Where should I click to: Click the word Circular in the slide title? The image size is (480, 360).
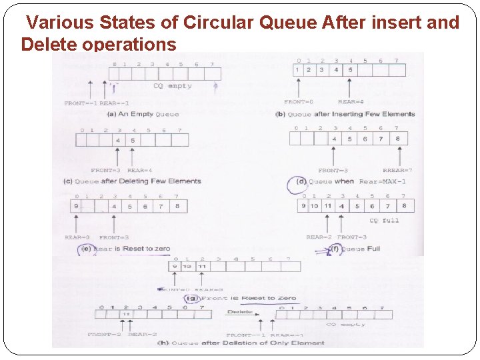(218, 23)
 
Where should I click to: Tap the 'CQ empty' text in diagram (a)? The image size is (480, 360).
(172, 86)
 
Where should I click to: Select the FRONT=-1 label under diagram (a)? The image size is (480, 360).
(80, 103)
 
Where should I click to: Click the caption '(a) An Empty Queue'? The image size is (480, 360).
(143, 114)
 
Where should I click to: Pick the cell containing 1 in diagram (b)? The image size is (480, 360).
(297, 70)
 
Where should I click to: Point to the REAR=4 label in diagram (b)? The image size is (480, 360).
(351, 102)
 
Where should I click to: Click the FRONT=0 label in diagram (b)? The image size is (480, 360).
(299, 102)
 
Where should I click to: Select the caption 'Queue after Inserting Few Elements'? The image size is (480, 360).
(351, 114)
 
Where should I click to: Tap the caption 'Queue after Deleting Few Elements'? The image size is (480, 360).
(137, 181)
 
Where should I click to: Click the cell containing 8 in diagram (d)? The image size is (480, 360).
(397, 139)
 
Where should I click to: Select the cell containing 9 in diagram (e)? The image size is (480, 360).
(77, 207)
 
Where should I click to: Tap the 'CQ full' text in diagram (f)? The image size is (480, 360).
(384, 221)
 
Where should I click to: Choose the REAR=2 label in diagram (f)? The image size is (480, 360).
(319, 237)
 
